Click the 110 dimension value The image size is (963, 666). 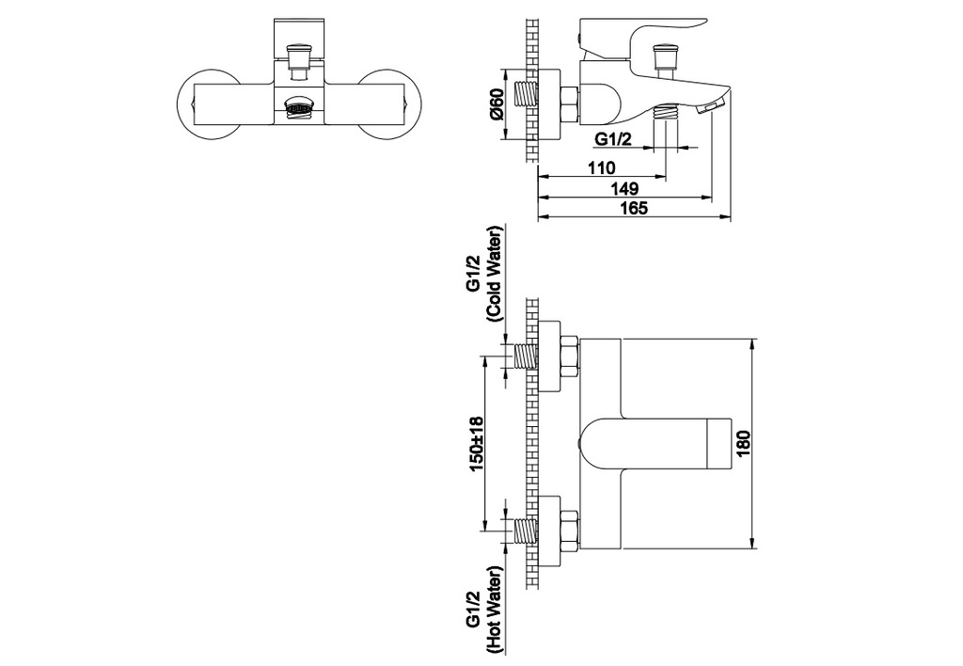[602, 167]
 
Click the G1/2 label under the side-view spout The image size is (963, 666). [613, 140]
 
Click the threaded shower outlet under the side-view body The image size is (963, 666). [666, 114]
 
